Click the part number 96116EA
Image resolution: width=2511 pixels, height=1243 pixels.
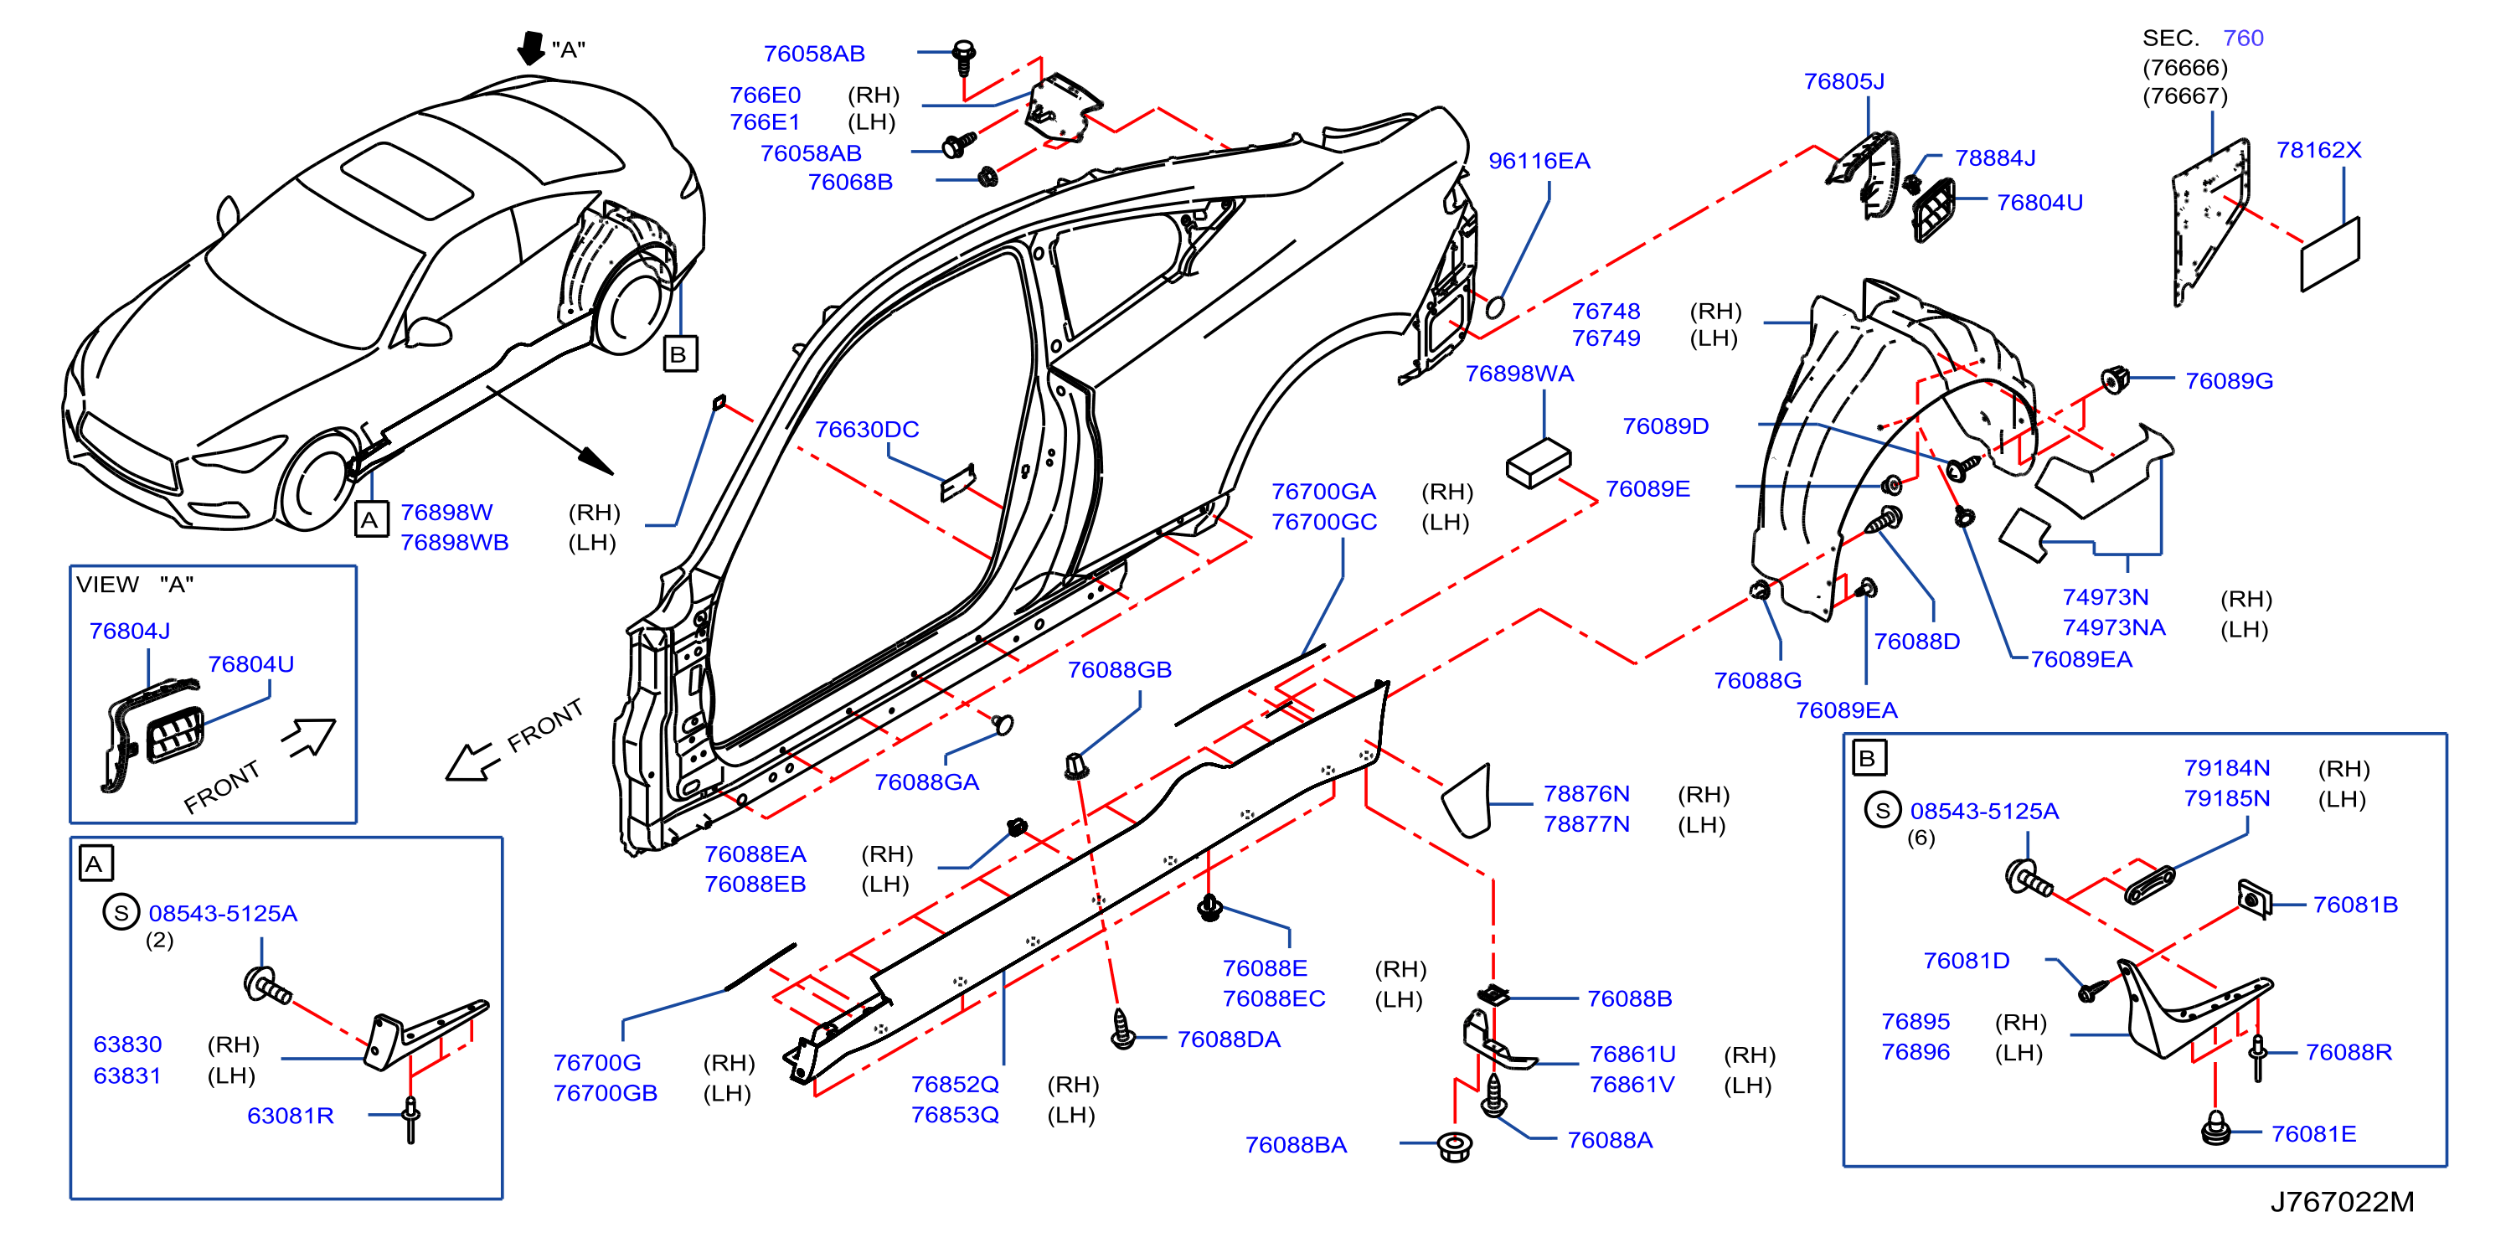1539,161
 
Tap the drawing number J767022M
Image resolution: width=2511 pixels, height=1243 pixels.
2343,1202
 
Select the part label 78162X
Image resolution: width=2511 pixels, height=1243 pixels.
2319,150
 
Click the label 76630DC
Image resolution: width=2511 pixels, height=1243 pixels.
867,429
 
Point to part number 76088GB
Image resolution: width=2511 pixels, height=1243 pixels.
1119,670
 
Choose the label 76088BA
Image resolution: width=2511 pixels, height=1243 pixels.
1296,1144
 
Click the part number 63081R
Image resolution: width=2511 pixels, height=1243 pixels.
291,1116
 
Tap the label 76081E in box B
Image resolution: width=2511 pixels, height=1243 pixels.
2313,1134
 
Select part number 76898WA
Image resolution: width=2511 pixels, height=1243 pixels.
1519,374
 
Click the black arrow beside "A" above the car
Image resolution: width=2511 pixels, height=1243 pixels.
531,48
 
